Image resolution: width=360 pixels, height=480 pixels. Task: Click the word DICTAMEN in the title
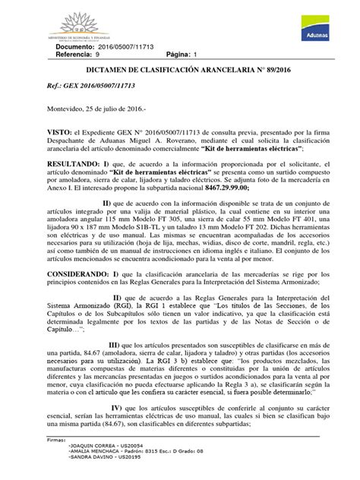tap(106, 77)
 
